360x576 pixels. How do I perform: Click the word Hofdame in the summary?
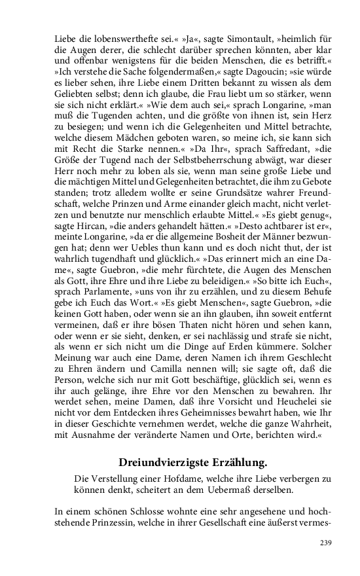pyautogui.click(x=177, y=478)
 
